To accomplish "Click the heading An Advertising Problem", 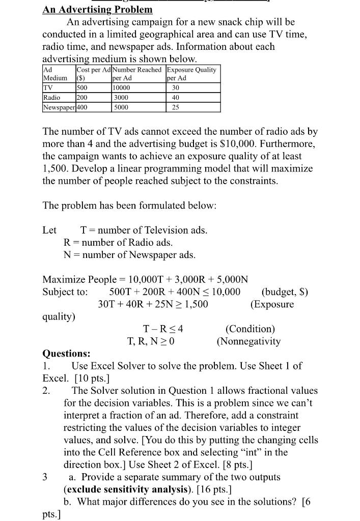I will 97,9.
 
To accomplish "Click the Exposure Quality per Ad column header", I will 191,74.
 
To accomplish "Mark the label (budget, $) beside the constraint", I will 285,292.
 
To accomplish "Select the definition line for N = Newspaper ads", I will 129,254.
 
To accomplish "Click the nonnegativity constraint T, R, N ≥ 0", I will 151,341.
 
